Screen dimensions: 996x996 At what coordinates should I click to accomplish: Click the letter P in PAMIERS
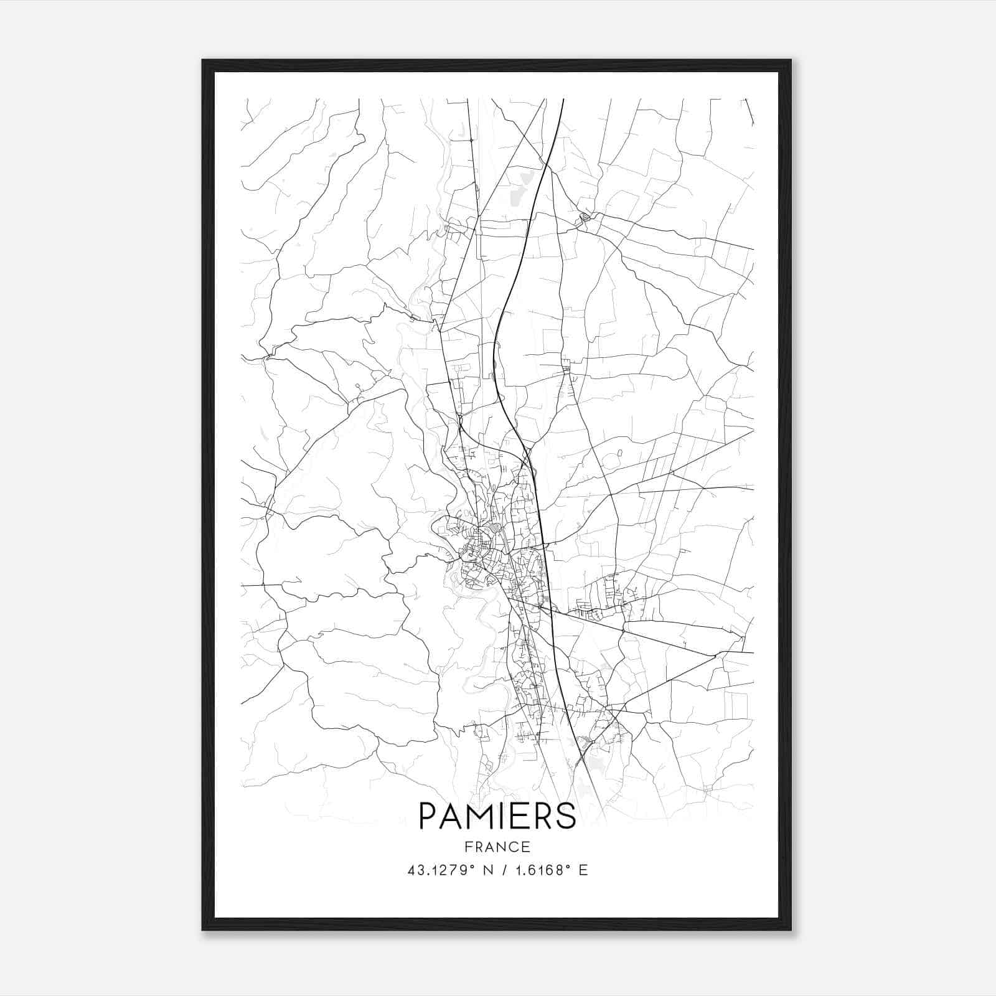430,815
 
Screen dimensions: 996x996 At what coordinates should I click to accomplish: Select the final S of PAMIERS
566,815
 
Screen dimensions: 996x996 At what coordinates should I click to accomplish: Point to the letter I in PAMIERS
505,815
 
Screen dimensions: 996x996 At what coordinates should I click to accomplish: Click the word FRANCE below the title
497,847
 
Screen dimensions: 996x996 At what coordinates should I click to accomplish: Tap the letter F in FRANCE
468,847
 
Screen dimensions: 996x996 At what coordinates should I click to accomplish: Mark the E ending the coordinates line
583,870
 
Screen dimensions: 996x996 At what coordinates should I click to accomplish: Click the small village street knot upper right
585,217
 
